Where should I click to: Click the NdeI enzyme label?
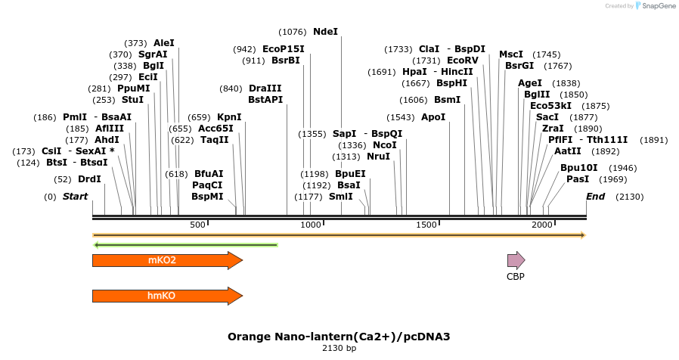(x=325, y=32)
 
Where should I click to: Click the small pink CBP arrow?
(x=516, y=261)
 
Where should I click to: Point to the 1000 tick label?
(x=312, y=225)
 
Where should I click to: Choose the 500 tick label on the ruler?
(x=197, y=225)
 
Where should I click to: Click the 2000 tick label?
(x=541, y=225)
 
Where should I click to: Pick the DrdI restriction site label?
(x=89, y=179)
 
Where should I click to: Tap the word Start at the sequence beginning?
(x=76, y=197)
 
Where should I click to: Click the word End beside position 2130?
(x=596, y=197)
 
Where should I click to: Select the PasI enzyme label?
(x=578, y=179)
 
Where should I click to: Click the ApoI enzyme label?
(x=433, y=117)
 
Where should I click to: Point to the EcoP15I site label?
(x=284, y=49)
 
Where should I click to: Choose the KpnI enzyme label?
(x=229, y=117)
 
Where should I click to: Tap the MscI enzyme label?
(x=511, y=54)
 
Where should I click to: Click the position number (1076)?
(x=293, y=32)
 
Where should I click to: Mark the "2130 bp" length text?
(x=339, y=349)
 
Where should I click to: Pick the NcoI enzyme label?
(x=385, y=145)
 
